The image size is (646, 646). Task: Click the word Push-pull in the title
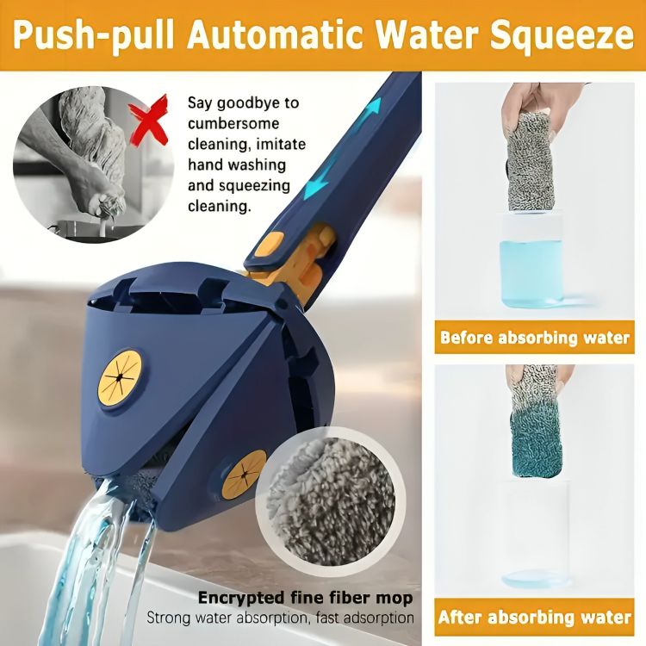(x=92, y=36)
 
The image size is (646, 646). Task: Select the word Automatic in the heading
(x=276, y=36)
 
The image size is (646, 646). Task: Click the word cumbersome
(x=232, y=124)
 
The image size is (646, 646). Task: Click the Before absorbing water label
(x=535, y=337)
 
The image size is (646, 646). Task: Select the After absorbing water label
(x=535, y=617)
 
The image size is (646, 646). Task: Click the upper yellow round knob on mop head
(x=119, y=378)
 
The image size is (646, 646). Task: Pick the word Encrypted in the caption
(x=237, y=598)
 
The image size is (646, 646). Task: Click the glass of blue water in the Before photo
(x=531, y=258)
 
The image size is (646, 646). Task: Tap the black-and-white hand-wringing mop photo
(x=82, y=164)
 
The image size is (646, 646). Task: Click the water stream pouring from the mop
(x=95, y=551)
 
